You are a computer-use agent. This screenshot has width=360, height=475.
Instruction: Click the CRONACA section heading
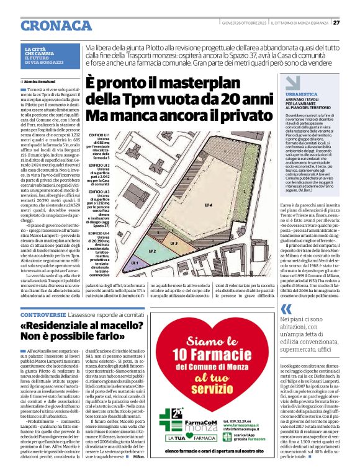click(x=58, y=25)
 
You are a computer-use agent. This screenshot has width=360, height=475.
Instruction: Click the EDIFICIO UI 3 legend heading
click(x=99, y=192)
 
